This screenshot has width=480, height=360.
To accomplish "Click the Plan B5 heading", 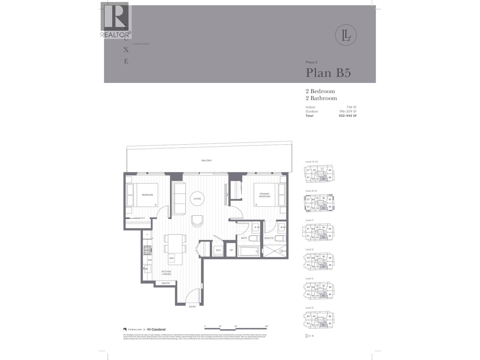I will (328, 73).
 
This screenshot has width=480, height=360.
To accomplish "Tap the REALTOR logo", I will (115, 21).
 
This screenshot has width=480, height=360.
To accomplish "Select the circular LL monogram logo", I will (346, 35).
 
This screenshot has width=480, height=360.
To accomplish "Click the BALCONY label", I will (206, 160).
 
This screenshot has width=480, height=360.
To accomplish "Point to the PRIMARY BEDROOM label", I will (265, 195).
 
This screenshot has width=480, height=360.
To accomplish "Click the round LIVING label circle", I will (197, 199).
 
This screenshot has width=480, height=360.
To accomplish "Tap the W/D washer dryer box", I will (218, 250).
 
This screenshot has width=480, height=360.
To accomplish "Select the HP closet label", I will (231, 250).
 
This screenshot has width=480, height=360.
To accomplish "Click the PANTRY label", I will (166, 283).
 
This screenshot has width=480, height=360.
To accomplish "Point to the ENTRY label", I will (192, 307).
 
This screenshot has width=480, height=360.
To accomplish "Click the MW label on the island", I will (172, 258).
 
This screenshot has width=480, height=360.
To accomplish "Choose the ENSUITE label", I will (269, 238).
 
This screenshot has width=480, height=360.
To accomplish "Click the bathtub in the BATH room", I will (249, 251).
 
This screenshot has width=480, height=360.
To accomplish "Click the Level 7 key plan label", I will (309, 220).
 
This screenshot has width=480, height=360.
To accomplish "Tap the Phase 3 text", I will (311, 62).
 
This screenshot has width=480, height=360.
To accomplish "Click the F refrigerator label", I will (147, 235).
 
